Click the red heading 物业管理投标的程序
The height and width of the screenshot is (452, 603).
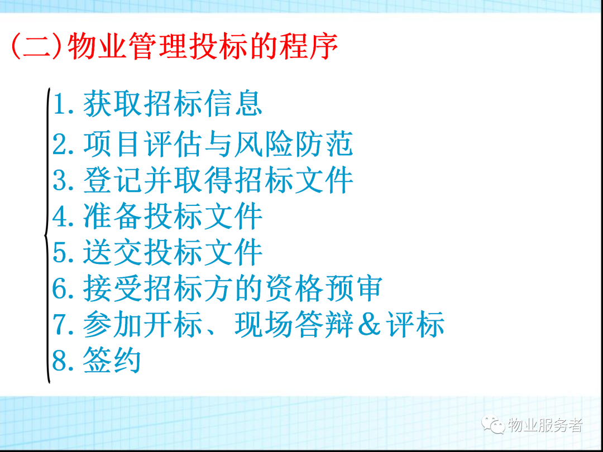coord(203,46)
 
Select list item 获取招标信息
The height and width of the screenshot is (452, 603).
coord(173,104)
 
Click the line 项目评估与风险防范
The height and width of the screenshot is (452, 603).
coord(218,143)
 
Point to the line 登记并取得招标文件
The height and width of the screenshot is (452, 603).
coord(218,180)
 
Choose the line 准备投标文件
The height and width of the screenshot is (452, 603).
coord(173,217)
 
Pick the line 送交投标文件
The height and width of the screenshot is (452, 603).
coord(173,252)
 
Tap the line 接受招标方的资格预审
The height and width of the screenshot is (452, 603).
coord(233,288)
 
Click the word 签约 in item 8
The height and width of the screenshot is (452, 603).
coord(112,359)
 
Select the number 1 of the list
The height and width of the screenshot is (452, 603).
coord(59,104)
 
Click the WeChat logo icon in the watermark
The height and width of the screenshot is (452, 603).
coord(494,425)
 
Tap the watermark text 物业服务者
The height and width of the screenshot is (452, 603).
coord(545,425)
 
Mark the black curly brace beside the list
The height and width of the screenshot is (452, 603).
coord(47,235)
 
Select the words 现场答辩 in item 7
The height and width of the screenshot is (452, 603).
coord(294,324)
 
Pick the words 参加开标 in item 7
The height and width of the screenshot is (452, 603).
coord(142,324)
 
